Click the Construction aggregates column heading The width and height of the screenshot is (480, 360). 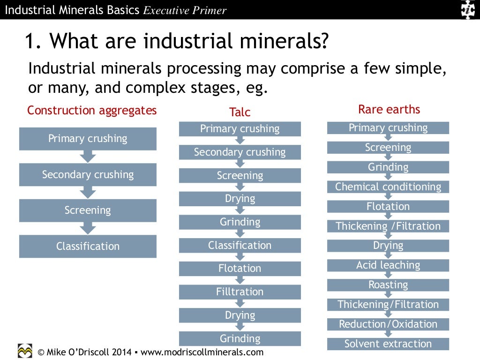coord(92,111)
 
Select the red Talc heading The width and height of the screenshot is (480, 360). coord(240,112)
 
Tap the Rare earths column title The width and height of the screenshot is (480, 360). coord(389,110)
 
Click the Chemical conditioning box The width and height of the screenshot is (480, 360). coord(388,187)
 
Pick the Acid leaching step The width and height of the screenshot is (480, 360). coord(388,265)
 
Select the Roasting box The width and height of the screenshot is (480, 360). coord(388,285)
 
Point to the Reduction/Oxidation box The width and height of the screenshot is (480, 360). coord(388,324)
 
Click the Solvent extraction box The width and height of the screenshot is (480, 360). coord(388,344)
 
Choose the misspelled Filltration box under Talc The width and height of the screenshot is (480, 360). coord(240,292)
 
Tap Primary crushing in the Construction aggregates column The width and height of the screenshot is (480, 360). coord(88,139)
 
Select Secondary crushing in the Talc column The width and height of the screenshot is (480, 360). coord(240,152)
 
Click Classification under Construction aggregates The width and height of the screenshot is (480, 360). coord(88,247)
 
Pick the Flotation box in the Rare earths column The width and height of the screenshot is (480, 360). coord(388,207)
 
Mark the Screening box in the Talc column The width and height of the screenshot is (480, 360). coord(240,176)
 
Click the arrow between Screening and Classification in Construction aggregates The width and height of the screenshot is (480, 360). coord(88,228)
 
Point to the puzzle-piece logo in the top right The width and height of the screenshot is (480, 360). coord(467,9)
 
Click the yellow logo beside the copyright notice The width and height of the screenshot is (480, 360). coord(25,351)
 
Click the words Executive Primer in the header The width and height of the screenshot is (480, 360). coord(185,10)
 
